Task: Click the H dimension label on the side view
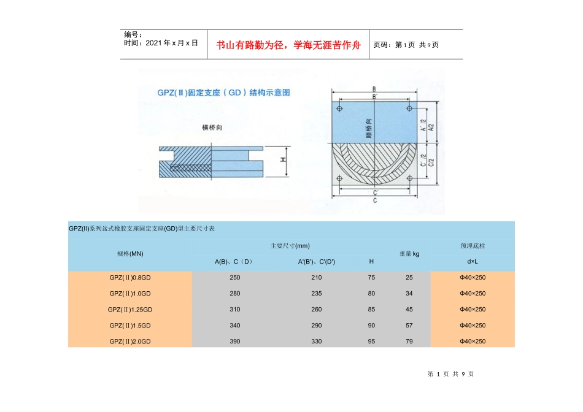[x=283, y=159]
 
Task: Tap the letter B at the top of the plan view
[x=374, y=89]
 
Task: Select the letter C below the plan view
[x=374, y=200]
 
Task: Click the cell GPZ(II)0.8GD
[x=129, y=278]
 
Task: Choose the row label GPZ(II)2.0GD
[x=129, y=341]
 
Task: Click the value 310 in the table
[x=235, y=310]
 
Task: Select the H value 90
[x=371, y=326]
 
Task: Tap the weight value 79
[x=409, y=341]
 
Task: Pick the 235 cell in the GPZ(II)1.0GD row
[x=316, y=294]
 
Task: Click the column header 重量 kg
[x=409, y=253]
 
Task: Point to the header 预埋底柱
[x=473, y=245]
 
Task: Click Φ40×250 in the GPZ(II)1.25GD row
[x=473, y=310]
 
